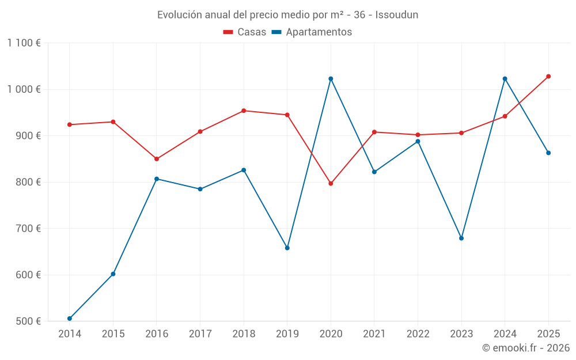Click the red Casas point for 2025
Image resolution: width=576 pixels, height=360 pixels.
point(548,77)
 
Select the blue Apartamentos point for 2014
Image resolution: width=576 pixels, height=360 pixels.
point(70,319)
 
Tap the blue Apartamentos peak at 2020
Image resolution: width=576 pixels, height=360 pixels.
point(331,78)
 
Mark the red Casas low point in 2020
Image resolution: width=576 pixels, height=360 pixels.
point(331,183)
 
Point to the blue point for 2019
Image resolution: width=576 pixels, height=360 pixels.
point(287,248)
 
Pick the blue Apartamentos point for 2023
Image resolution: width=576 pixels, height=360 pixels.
point(461,238)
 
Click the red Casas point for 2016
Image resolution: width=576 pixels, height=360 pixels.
point(157,159)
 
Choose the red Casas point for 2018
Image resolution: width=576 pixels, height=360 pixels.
point(244,111)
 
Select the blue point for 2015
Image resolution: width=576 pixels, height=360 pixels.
point(113,274)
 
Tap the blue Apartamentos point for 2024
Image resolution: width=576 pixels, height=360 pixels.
point(505,78)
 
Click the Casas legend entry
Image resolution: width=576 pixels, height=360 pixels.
point(245,32)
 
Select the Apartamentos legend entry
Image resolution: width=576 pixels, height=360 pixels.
point(312,32)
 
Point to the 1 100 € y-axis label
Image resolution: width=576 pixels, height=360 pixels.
point(24,43)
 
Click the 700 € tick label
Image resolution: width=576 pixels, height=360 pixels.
point(28,229)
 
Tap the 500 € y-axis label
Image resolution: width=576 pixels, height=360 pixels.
point(28,321)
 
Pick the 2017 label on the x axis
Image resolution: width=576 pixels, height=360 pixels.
point(200,334)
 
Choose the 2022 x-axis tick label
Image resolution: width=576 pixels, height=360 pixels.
point(418,334)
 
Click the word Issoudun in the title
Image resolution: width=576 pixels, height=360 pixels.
point(397,15)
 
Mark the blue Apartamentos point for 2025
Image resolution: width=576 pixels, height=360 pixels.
point(548,153)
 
